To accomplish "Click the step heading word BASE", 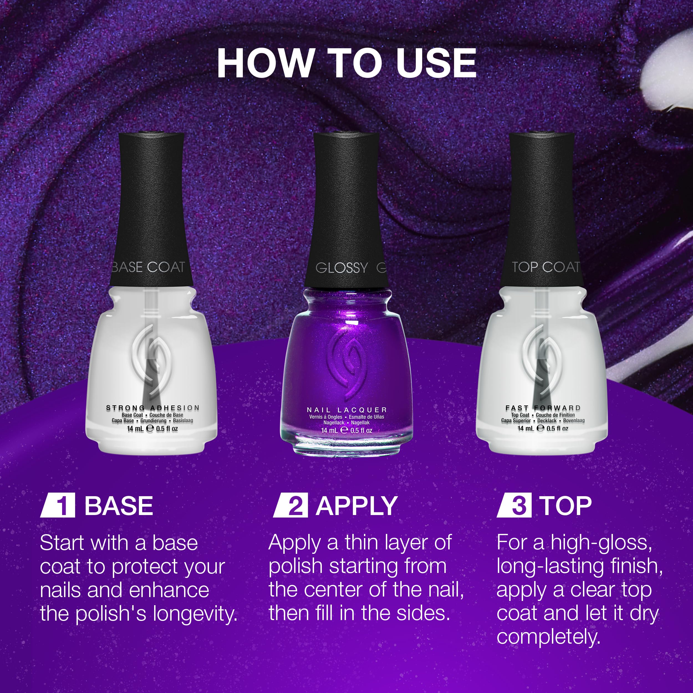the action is coord(119,506).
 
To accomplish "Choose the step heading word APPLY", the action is coord(356,506).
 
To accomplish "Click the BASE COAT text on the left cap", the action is coord(149,267).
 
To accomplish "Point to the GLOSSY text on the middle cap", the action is coord(342,268).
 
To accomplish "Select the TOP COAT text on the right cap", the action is coord(546,267).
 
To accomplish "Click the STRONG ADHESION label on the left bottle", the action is coord(153,408).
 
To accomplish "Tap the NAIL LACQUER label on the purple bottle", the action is coord(347,410).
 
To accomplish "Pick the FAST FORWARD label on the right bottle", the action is coord(543,408).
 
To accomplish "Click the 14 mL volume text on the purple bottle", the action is coord(329,430).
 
